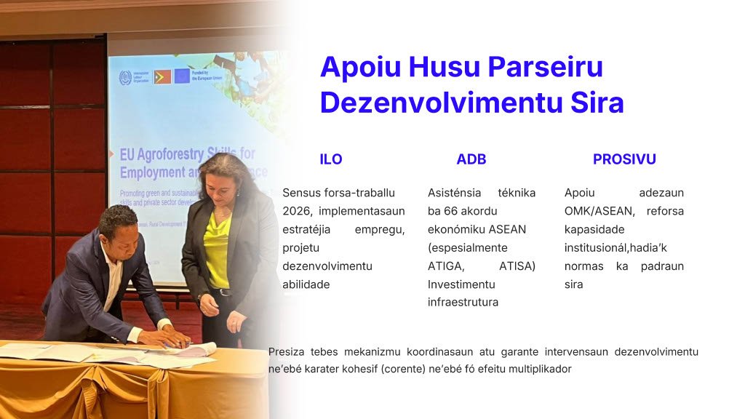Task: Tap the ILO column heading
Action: [331, 159]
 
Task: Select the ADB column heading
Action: [471, 159]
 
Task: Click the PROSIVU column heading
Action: [624, 159]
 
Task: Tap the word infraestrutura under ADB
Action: [463, 302]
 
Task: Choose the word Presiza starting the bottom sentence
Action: [286, 351]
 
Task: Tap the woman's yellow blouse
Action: [216, 248]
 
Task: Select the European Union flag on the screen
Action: [182, 76]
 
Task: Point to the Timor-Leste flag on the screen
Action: [162, 76]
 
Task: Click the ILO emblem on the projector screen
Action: [126, 76]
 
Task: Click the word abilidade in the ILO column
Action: [306, 284]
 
